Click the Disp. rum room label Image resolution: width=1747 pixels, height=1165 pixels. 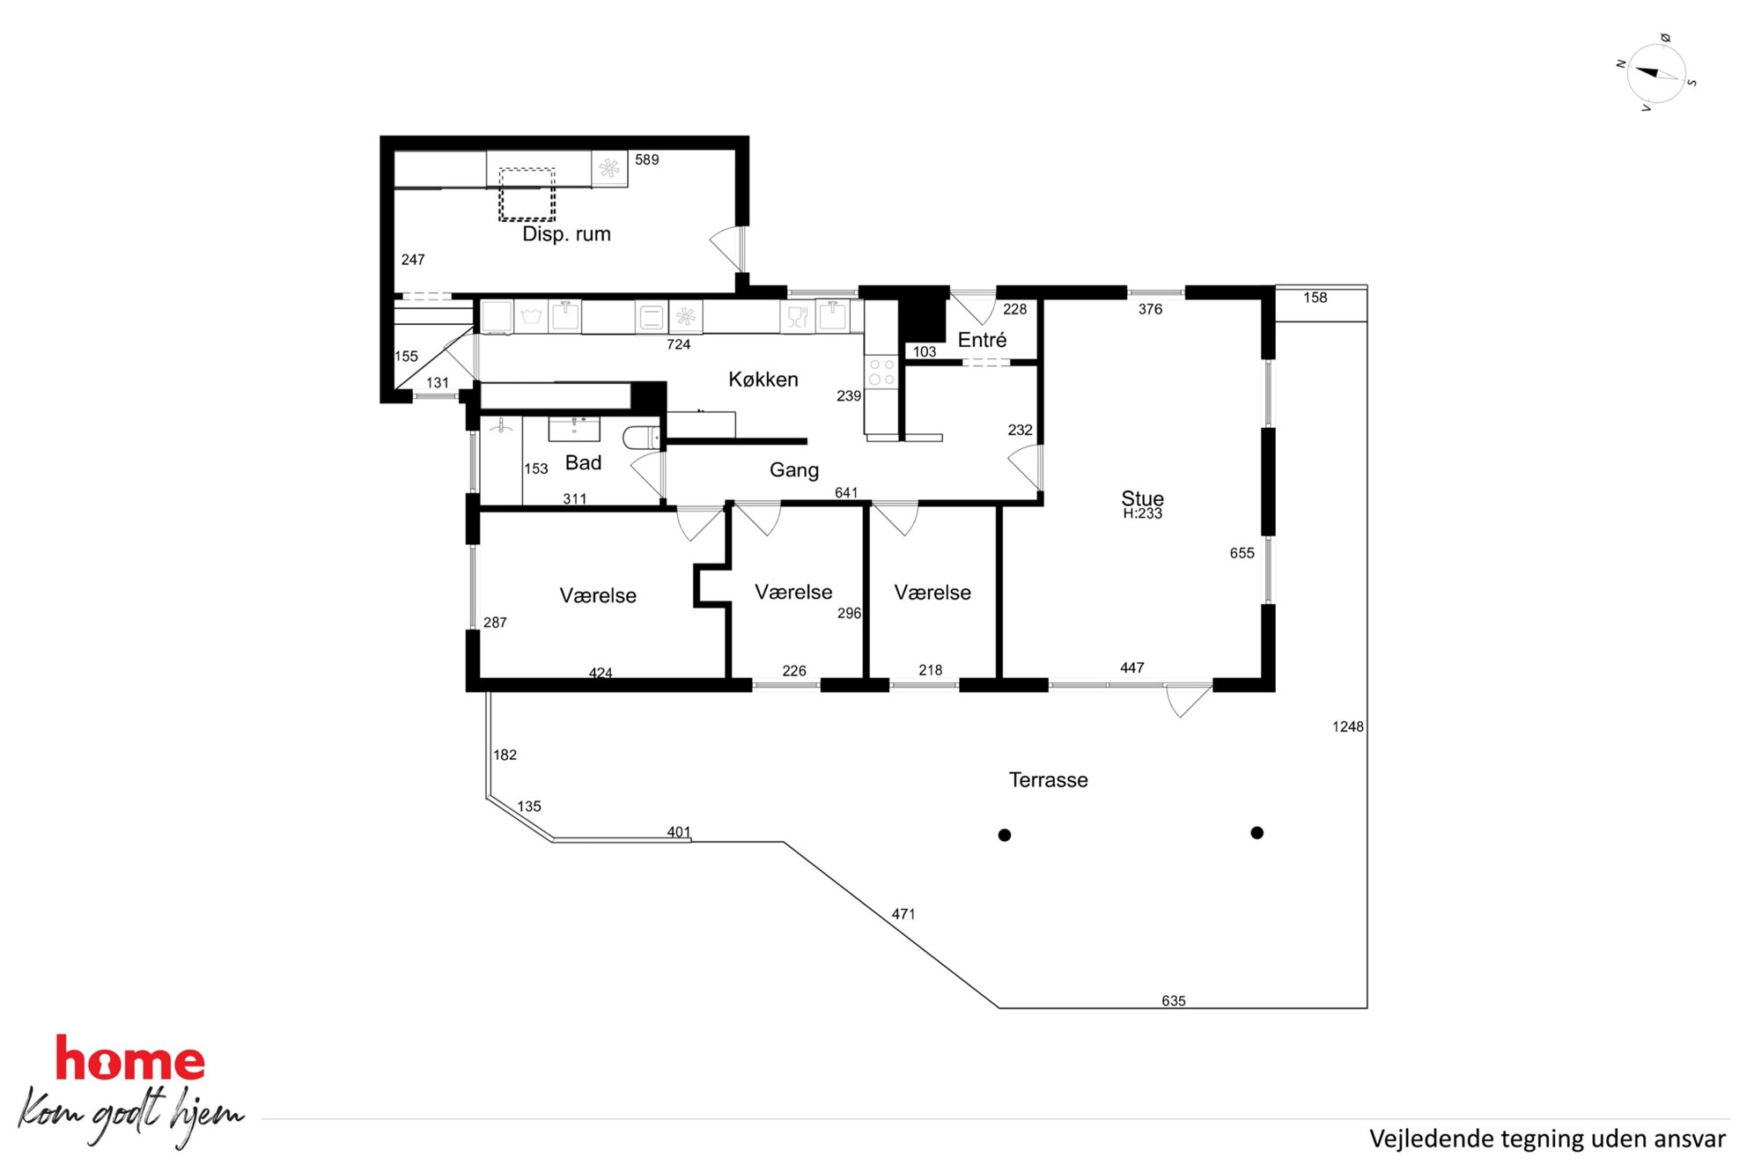(x=566, y=234)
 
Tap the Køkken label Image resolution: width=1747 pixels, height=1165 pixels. (x=763, y=380)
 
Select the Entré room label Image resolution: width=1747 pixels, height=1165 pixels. (x=982, y=340)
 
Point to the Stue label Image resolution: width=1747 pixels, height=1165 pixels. (x=1142, y=498)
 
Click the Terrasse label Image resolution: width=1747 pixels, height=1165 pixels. (x=1048, y=780)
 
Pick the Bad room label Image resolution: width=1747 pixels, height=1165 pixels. (x=583, y=463)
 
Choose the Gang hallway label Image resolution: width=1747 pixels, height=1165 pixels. (x=794, y=470)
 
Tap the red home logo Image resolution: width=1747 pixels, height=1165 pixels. (x=130, y=1058)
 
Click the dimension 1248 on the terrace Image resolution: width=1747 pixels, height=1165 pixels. (x=1347, y=726)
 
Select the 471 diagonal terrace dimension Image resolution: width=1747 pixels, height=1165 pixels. (x=903, y=914)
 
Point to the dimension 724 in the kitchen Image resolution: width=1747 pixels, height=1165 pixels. (x=678, y=344)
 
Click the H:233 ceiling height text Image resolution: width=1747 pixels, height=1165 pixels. (x=1142, y=513)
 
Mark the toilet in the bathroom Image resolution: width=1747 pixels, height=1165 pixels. (x=641, y=437)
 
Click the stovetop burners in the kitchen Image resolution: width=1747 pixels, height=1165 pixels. (x=881, y=372)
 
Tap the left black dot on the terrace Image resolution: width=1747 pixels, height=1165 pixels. (x=1004, y=835)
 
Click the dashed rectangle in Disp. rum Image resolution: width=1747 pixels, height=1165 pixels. (x=527, y=195)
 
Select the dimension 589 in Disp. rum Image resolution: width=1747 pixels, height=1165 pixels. (x=646, y=160)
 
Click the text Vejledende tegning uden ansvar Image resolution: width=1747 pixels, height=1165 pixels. (x=1547, y=1139)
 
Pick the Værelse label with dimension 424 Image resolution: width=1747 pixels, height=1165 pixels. (x=598, y=596)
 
